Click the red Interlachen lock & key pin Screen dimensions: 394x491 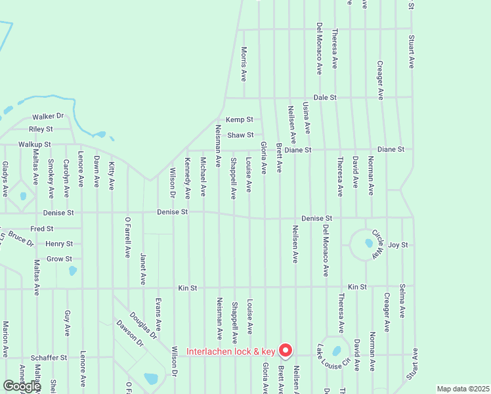point(285,350)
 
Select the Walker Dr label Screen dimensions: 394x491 point(50,116)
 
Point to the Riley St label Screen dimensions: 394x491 point(40,129)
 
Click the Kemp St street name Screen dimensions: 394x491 point(240,120)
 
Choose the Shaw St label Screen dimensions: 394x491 point(240,135)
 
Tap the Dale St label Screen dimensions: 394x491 point(324,97)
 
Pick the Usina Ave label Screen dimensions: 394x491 point(306,118)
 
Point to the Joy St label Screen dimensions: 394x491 point(398,245)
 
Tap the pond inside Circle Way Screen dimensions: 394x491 point(368,244)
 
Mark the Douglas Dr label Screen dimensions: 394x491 point(143,325)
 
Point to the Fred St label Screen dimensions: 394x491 point(41,229)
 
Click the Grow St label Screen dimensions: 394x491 point(59,259)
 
